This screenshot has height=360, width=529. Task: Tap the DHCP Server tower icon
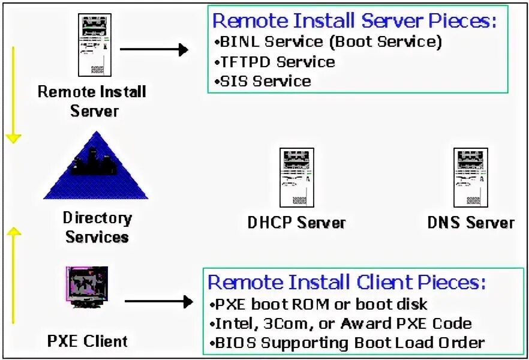[x=297, y=178]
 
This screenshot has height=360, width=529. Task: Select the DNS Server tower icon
[x=470, y=178]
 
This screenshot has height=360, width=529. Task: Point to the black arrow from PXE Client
[x=158, y=302]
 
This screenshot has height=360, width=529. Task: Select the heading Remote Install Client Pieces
[x=347, y=282]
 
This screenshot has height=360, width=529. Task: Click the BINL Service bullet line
[x=327, y=42]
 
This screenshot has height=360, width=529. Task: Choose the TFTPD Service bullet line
[x=274, y=62]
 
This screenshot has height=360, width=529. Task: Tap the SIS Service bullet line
[x=262, y=81]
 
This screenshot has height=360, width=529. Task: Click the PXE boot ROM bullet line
[x=318, y=304]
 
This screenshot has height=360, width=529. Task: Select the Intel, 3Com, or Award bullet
[x=340, y=323]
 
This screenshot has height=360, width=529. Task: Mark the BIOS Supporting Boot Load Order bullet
[x=346, y=343]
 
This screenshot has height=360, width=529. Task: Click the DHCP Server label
[x=297, y=223]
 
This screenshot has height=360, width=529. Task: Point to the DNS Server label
[x=471, y=223]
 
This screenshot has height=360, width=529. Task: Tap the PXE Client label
[x=88, y=341]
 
